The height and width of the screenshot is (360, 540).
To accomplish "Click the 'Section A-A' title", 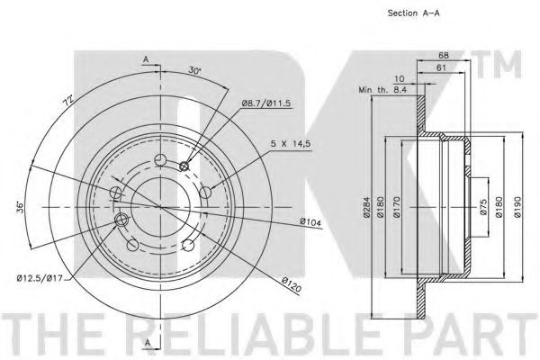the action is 414,13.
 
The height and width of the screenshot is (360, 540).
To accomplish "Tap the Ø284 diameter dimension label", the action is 366,207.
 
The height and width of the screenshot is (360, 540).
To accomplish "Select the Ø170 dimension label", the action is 397,207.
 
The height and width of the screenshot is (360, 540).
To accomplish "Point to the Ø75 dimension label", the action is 483,207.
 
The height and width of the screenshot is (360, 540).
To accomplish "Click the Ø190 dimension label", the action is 517,207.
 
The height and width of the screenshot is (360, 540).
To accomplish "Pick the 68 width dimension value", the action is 443,55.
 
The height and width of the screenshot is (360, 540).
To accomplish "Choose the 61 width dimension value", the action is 441,67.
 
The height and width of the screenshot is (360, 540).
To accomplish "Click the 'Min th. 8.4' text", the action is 383,90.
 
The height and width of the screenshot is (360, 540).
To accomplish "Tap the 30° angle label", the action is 194,70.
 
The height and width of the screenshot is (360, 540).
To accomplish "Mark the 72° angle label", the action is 68,101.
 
